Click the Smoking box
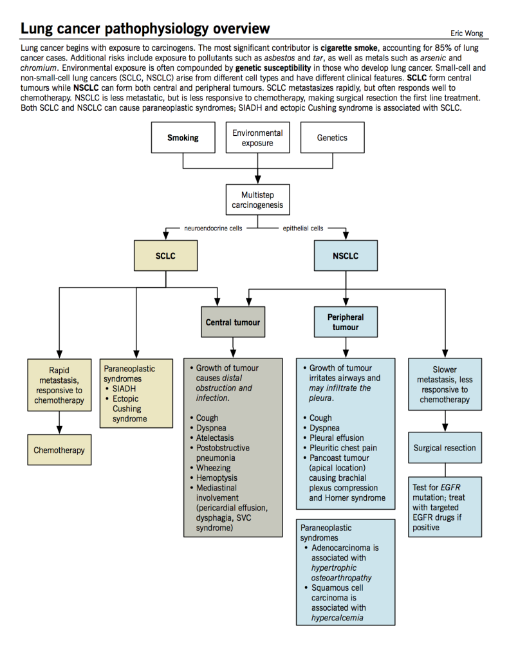183,138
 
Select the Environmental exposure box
257,138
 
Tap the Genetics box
333,138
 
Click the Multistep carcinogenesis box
257,200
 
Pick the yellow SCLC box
165,255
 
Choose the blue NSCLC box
346,255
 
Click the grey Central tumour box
233,322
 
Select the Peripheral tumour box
346,322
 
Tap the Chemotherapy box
59,450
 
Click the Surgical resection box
445,448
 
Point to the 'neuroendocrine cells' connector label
213,228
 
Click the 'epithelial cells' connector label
303,228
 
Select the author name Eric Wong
467,33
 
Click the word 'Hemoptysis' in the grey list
216,478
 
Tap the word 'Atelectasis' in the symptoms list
215,438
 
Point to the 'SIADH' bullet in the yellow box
124,389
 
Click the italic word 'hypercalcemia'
337,618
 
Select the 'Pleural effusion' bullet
337,438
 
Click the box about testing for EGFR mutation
445,507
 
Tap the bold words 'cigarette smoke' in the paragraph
349,48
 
